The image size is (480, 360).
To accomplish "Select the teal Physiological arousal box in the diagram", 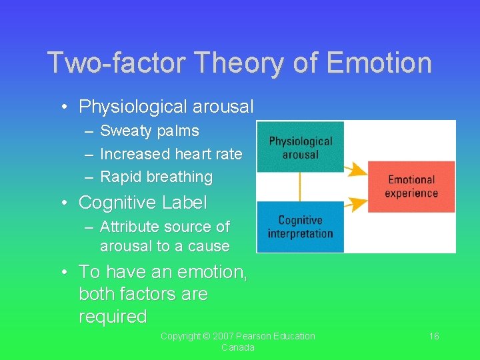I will [300, 147].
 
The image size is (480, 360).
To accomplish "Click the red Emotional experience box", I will [412, 187].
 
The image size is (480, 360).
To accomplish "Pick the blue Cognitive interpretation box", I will [300, 227].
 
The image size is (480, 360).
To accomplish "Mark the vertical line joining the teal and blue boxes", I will [300, 187].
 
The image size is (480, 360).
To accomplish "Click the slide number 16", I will [433, 336].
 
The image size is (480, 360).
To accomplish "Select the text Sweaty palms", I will [149, 131].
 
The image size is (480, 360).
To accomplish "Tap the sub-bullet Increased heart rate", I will [171, 154].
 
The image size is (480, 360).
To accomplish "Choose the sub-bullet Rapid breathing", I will [156, 177].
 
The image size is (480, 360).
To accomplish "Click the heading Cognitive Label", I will [143, 202].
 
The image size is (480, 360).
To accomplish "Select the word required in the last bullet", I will [113, 317].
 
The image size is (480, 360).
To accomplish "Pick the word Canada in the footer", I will [238, 348].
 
